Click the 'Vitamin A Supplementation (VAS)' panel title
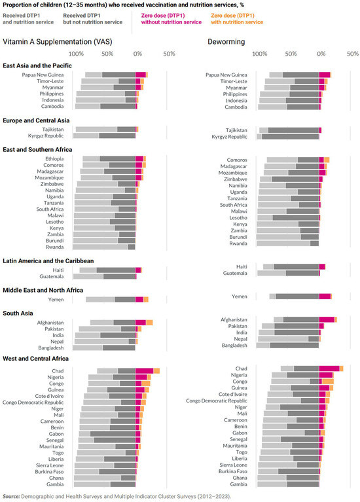pyautogui.click(x=58, y=42)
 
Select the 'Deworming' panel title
pyautogui.click(x=226, y=42)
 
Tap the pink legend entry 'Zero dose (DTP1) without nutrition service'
pyautogui.click(x=171, y=19)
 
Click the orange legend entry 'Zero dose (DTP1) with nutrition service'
pyautogui.click(x=237, y=19)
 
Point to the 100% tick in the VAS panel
pyautogui.click(x=76, y=54)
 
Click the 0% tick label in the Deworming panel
pyautogui.click(x=321, y=54)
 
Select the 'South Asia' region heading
pyautogui.click(x=18, y=313)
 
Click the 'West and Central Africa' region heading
pyautogui.click(x=35, y=359)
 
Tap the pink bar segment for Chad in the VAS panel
pyautogui.click(x=145, y=370)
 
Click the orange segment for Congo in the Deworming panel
pyautogui.click(x=328, y=382)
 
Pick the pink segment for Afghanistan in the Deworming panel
pyautogui.click(x=327, y=319)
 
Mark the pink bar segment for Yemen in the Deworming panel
pyautogui.click(x=325, y=296)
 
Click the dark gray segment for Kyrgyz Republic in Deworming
pyautogui.click(x=290, y=137)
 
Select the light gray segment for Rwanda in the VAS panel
pyautogui.click(x=100, y=247)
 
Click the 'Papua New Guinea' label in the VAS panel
pyautogui.click(x=43, y=75)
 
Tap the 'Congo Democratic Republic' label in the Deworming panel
pyautogui.click(x=217, y=401)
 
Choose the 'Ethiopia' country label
pyautogui.click(x=54, y=159)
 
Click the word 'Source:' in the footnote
pyautogui.click(x=11, y=496)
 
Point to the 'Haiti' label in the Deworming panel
pyautogui.click(x=242, y=266)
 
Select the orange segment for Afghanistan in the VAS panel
pyautogui.click(x=149, y=323)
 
